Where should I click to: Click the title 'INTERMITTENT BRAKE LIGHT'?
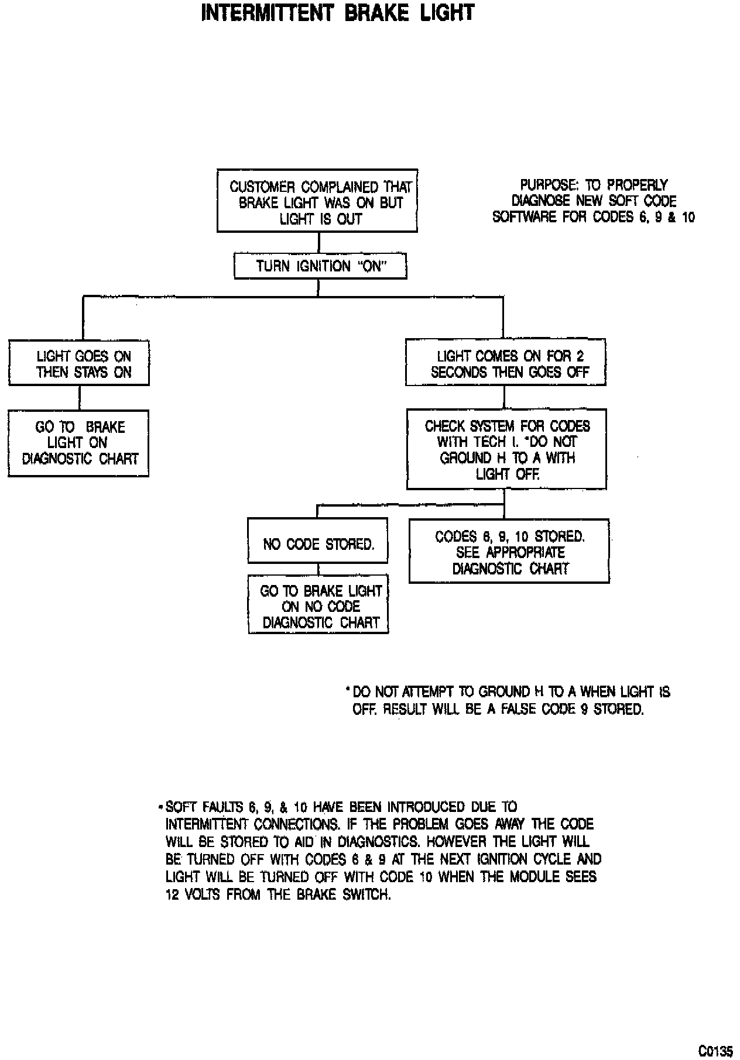pos(337,13)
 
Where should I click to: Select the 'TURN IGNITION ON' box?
pos(320,267)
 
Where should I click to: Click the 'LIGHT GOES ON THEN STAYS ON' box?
pos(79,363)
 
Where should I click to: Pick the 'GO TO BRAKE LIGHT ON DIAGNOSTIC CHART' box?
pos(78,443)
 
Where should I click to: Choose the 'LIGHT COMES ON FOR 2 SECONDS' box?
pos(506,363)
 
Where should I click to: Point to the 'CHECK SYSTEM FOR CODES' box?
pos(507,449)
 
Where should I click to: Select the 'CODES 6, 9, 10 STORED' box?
pos(509,551)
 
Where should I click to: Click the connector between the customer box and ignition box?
pos(318,242)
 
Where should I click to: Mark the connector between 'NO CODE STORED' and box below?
pos(318,569)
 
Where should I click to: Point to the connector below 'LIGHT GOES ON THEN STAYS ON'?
pos(80,398)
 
